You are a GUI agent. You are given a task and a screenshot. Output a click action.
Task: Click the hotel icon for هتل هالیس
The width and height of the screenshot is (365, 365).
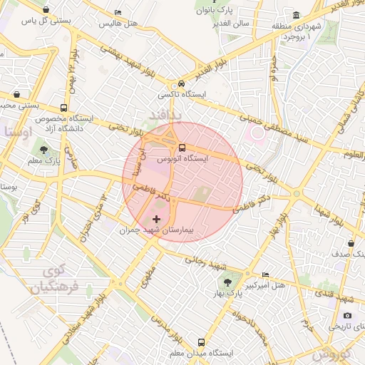click(x=118, y=12)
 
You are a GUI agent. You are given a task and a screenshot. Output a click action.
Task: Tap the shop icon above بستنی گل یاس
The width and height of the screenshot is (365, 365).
click(x=46, y=10)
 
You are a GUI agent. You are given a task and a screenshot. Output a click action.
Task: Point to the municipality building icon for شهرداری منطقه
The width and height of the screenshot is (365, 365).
click(x=296, y=16)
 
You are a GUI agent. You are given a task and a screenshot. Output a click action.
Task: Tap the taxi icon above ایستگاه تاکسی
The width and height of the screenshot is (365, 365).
click(x=181, y=83)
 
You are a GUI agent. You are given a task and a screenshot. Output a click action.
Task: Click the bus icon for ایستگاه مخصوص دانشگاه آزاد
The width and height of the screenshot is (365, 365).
click(x=64, y=108)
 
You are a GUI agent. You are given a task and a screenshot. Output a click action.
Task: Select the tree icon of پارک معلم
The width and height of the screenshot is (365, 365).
click(x=45, y=150)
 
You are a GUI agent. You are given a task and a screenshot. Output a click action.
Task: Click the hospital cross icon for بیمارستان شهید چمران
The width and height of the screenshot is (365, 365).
click(x=157, y=217)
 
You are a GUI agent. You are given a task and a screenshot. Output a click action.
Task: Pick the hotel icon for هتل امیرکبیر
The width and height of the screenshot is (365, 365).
click(x=266, y=274)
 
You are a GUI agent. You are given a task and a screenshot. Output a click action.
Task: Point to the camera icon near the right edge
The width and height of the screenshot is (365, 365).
click(x=347, y=315)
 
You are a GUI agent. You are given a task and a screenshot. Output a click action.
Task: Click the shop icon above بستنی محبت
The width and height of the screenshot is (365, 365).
click(x=16, y=94)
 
